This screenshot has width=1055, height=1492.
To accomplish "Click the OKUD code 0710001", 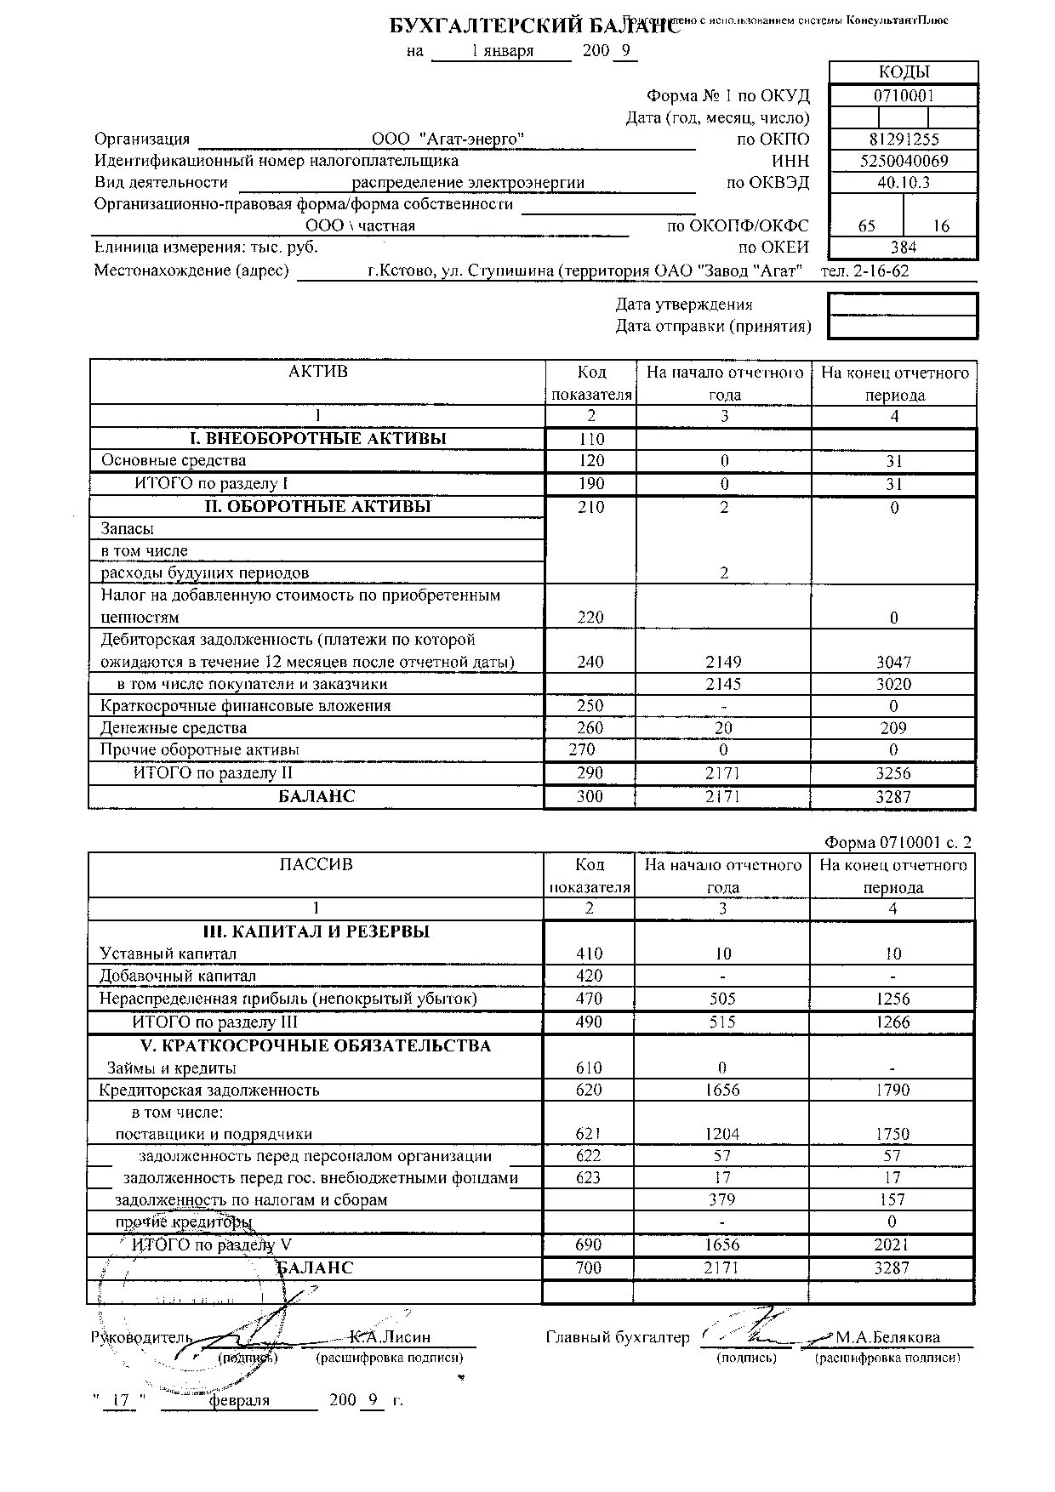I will [904, 95].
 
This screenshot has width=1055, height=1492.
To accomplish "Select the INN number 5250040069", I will [904, 161].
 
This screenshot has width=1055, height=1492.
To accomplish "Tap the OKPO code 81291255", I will [904, 139].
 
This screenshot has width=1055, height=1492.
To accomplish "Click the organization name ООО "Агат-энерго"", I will [448, 139].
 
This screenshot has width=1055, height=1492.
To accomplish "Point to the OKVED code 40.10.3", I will [904, 182].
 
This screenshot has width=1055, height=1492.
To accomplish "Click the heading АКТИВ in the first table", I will [318, 372].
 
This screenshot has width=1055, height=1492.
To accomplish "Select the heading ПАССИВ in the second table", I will [316, 865].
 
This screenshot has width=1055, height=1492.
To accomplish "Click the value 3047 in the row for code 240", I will [893, 662].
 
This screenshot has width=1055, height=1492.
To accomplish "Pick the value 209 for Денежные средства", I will [893, 728].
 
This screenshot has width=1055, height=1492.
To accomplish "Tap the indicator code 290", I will [590, 773].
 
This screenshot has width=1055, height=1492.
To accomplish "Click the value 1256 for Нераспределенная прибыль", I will [892, 999].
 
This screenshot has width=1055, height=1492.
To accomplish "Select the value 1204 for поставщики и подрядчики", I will [722, 1134].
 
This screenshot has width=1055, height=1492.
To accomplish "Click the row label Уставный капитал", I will [168, 954].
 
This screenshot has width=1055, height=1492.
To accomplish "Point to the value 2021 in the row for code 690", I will [892, 1244].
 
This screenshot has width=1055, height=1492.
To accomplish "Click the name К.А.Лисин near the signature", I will [390, 1337].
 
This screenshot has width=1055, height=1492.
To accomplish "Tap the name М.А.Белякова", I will [887, 1337].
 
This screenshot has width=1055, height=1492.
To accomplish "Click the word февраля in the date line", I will [239, 1401].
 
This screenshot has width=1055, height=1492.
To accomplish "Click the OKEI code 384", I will [904, 248].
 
